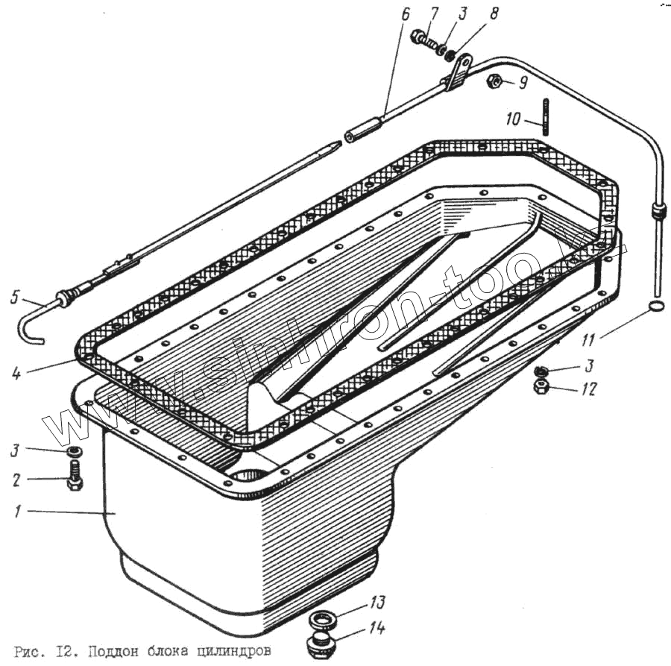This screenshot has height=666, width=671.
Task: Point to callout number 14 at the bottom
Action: pyautogui.click(x=379, y=629)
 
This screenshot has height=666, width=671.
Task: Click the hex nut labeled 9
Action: pyautogui.click(x=494, y=81)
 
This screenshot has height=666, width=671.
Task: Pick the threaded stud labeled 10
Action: pyautogui.click(x=546, y=116)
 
